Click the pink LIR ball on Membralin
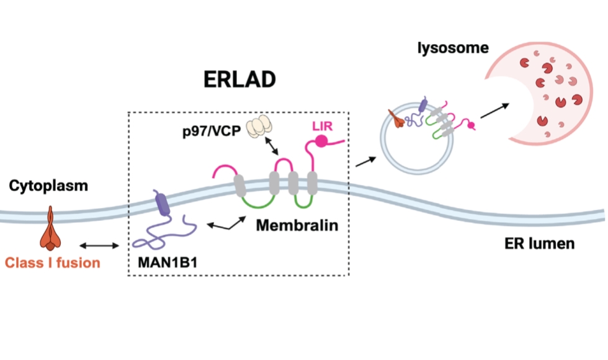(322, 142)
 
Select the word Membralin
(298, 225)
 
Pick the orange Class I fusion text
(52, 263)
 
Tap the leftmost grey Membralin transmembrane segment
(239, 184)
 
